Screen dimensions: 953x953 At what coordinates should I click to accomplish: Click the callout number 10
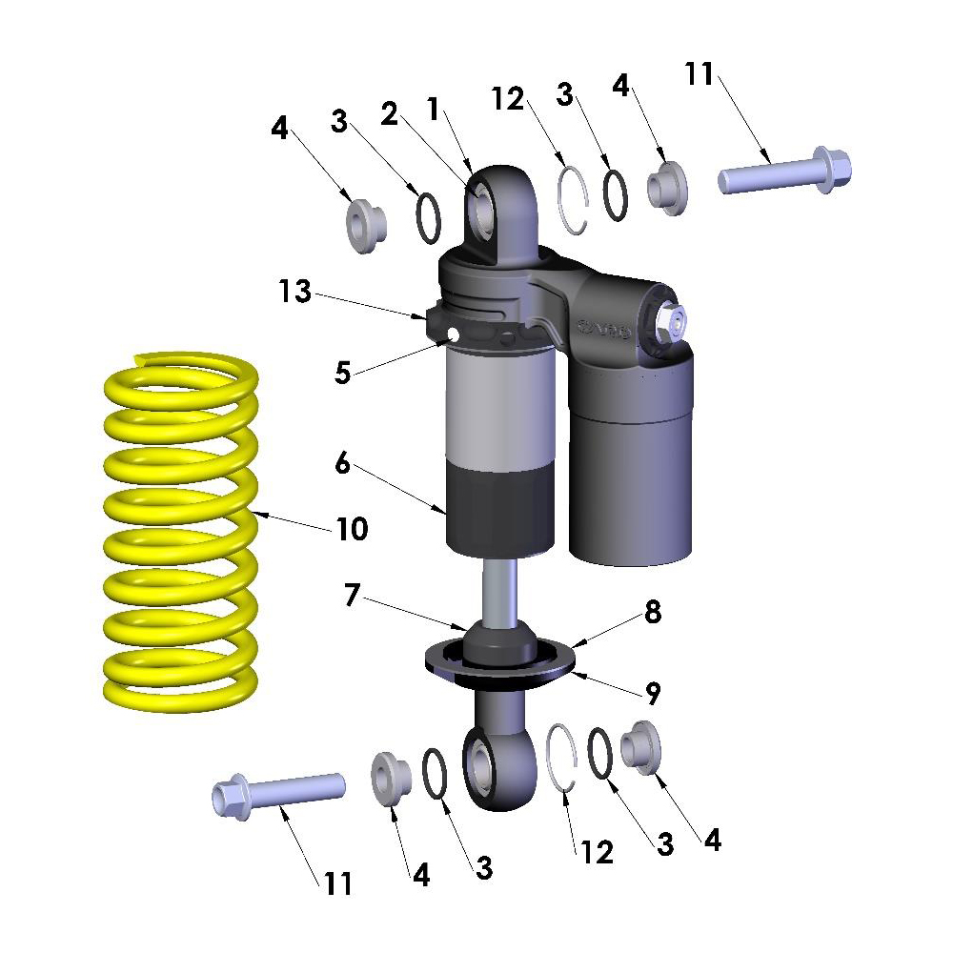point(352,529)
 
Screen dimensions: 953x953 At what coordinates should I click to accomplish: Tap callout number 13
point(295,292)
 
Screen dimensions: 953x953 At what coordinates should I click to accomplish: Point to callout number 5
point(342,372)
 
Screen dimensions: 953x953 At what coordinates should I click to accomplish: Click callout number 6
point(341,464)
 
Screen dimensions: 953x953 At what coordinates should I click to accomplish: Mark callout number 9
point(651,694)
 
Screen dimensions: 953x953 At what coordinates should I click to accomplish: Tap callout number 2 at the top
point(389,113)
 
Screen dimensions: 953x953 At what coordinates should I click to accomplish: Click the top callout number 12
point(509,98)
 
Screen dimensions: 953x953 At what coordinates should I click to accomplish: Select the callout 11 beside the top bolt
point(699,73)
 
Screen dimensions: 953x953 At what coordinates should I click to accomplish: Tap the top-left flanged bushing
point(365,227)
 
